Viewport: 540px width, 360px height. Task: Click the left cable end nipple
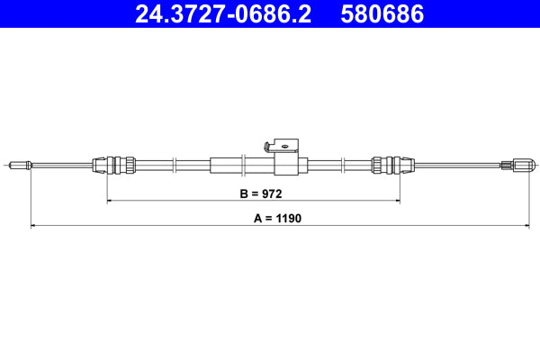click(19, 165)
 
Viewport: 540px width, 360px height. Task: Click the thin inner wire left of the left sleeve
click(63, 165)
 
